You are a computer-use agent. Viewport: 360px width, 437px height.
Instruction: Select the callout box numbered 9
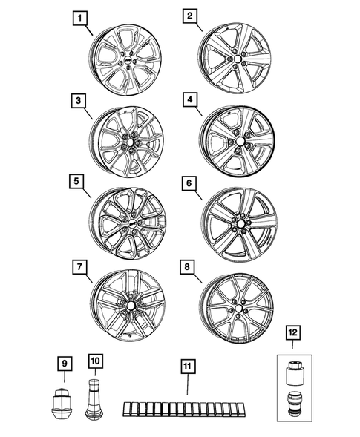[65, 363]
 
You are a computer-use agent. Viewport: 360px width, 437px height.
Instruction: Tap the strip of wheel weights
[186, 410]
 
